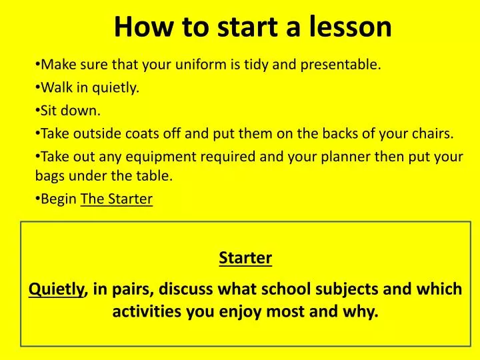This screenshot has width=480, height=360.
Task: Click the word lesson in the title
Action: pyautogui.click(x=350, y=26)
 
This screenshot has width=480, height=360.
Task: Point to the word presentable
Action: pyautogui.click(x=341, y=65)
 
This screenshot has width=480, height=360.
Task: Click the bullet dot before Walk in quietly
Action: pyautogui.click(x=37, y=87)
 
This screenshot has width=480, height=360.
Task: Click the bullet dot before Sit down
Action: pyautogui.click(x=37, y=111)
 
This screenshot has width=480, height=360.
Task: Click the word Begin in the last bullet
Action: pyautogui.click(x=59, y=199)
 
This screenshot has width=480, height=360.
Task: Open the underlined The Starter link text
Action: pyautogui.click(x=117, y=199)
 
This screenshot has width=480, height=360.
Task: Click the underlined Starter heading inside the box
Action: pyautogui.click(x=245, y=258)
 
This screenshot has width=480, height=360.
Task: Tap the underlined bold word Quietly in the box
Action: pyautogui.click(x=56, y=289)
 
